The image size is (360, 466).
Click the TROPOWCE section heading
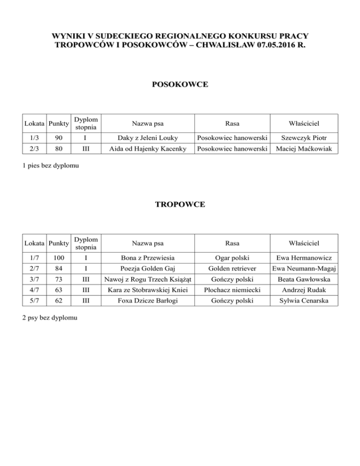tap(180, 205)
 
